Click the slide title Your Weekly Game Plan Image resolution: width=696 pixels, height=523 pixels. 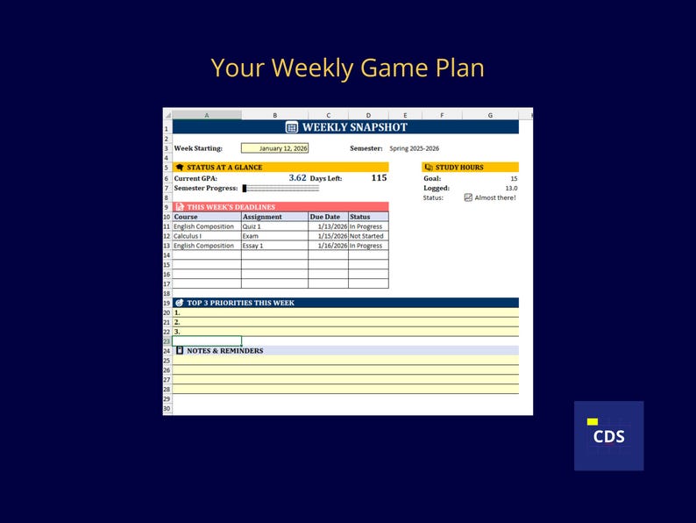347,68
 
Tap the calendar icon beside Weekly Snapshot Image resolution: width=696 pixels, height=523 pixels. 292,127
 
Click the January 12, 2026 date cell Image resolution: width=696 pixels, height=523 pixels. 274,148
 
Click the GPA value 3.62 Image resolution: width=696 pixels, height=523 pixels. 297,178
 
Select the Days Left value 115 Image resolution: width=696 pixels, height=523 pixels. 379,178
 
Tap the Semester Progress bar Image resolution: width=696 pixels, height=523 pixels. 281,188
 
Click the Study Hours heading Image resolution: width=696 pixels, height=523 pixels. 459,167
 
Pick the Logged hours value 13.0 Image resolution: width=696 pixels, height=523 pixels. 510,188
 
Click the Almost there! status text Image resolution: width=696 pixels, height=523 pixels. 495,197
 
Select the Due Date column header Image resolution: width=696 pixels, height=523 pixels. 324,217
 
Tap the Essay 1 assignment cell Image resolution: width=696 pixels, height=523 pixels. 253,246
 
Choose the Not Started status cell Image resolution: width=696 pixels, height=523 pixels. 366,236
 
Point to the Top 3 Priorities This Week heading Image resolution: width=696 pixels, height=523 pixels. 240,303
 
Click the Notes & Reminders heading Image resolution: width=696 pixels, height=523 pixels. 224,350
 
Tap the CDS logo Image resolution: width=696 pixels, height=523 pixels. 608,435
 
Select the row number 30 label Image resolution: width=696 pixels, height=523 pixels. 167,408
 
